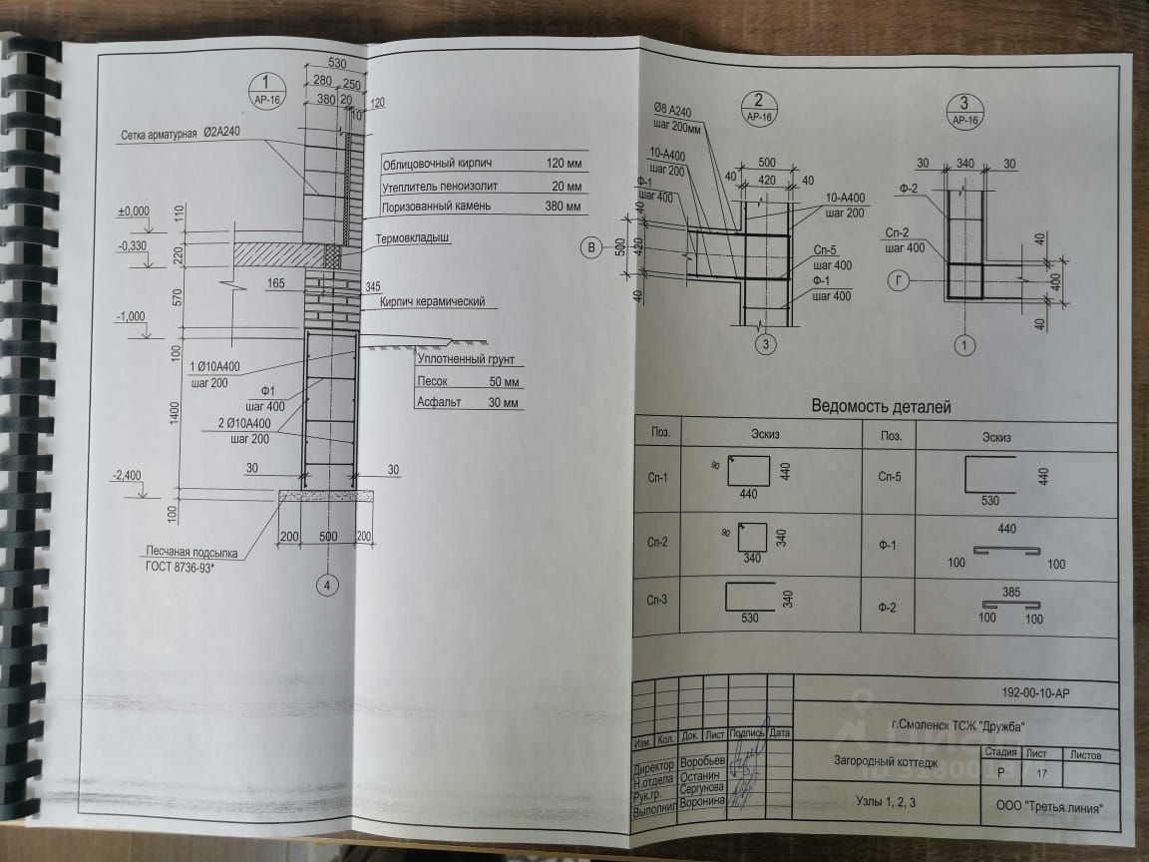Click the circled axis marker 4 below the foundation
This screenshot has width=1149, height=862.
coord(324,586)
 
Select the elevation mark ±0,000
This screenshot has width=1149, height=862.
coord(133,212)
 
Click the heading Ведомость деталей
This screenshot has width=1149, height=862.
coord(882,406)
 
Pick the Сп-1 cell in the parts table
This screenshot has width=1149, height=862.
coord(657,477)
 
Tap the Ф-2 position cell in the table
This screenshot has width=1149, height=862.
coord(890,608)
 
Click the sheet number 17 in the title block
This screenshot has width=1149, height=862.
coord(1042,772)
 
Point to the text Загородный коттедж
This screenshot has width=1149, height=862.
coord(879,760)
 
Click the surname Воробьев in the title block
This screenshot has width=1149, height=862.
coord(702,761)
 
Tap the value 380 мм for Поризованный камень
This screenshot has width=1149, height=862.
coord(565,207)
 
